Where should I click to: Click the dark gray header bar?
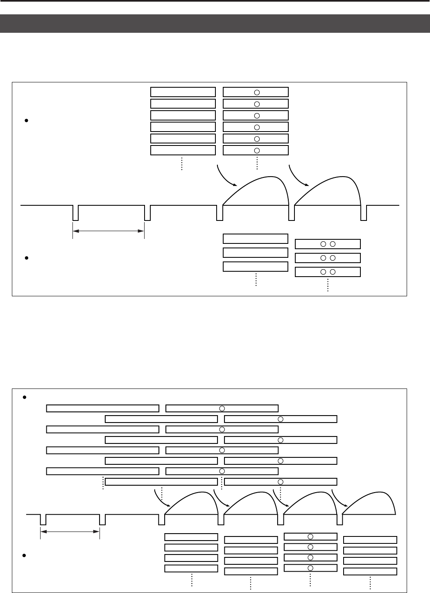click(215, 24)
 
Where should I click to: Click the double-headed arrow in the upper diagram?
click(109, 231)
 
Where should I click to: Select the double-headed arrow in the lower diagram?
click(70, 532)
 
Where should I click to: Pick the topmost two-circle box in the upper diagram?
click(328, 244)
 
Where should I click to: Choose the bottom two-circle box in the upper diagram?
click(328, 272)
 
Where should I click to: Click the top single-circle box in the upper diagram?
click(256, 92)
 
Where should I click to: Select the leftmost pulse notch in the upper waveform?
click(75, 213)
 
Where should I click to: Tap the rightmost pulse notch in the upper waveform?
click(364, 213)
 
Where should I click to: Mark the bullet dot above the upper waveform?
click(26, 121)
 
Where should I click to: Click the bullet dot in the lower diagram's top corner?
click(25, 397)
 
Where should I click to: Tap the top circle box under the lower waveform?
click(310, 536)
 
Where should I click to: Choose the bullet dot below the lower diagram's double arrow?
click(25, 555)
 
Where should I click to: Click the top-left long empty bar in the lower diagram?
click(102, 408)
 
